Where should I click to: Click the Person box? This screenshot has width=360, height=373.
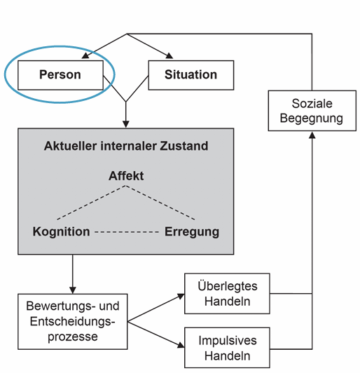60,74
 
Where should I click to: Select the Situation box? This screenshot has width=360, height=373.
191,74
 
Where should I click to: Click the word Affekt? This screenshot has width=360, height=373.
126,175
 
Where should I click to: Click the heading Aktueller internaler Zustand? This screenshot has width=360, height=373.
126,147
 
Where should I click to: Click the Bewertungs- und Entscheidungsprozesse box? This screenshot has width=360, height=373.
72,322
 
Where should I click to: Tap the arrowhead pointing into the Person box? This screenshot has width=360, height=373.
83,58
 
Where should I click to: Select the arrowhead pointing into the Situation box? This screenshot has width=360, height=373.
169,58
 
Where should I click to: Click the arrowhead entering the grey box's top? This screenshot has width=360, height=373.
126,124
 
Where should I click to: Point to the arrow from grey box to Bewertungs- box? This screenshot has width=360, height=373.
72,273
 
